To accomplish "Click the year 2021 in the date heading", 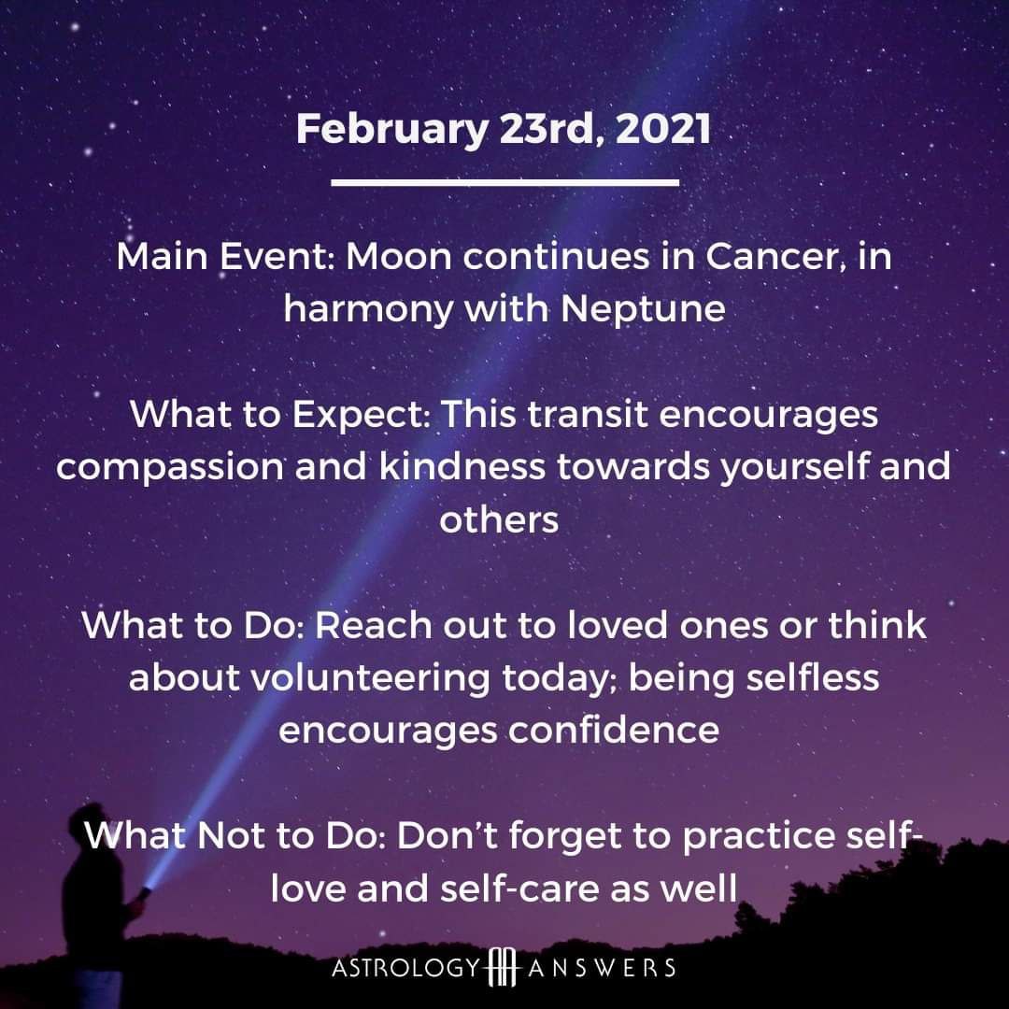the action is (x=662, y=128).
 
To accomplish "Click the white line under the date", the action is (x=505, y=183).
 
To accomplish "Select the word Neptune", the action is (x=643, y=310).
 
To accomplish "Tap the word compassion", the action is (x=170, y=468).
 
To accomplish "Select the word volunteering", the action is (x=369, y=679).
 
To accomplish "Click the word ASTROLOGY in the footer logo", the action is (x=406, y=968).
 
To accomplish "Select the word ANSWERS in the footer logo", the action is (x=602, y=968).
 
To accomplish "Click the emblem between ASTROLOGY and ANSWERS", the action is (x=504, y=967).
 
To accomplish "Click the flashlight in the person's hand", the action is (x=144, y=893).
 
